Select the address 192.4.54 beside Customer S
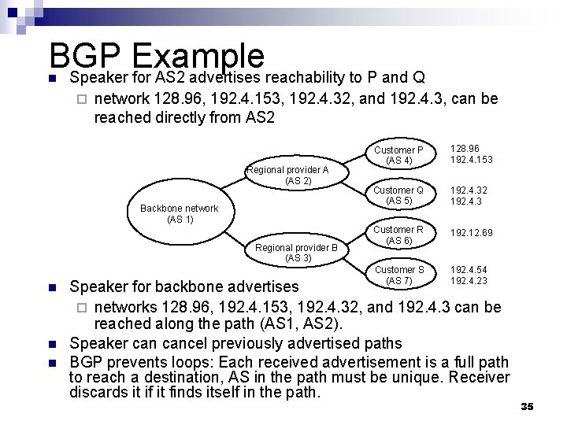(469, 269)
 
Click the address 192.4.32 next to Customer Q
(469, 190)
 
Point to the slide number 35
(528, 405)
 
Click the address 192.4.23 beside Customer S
(469, 279)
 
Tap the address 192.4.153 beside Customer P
(472, 160)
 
